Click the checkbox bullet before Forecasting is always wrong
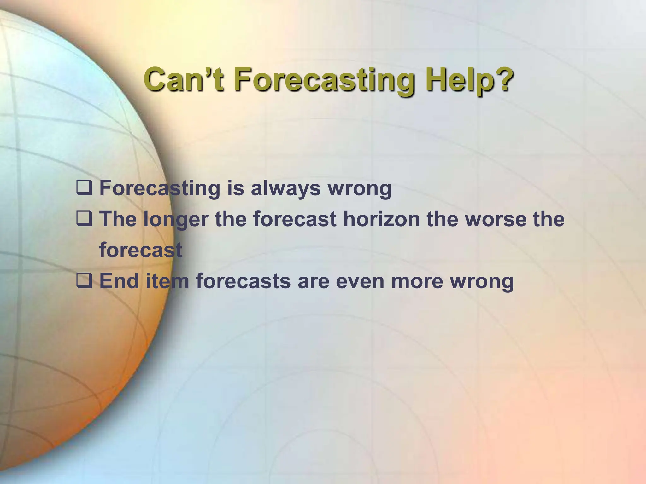pos(84,188)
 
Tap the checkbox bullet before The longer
pos(84,219)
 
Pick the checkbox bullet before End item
pos(84,280)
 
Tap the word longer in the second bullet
pos(176,219)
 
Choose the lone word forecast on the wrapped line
pos(141,250)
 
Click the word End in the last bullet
pos(120,280)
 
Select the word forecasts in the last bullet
pos(243,280)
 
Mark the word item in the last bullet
pos(167,280)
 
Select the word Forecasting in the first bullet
pos(160,188)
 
